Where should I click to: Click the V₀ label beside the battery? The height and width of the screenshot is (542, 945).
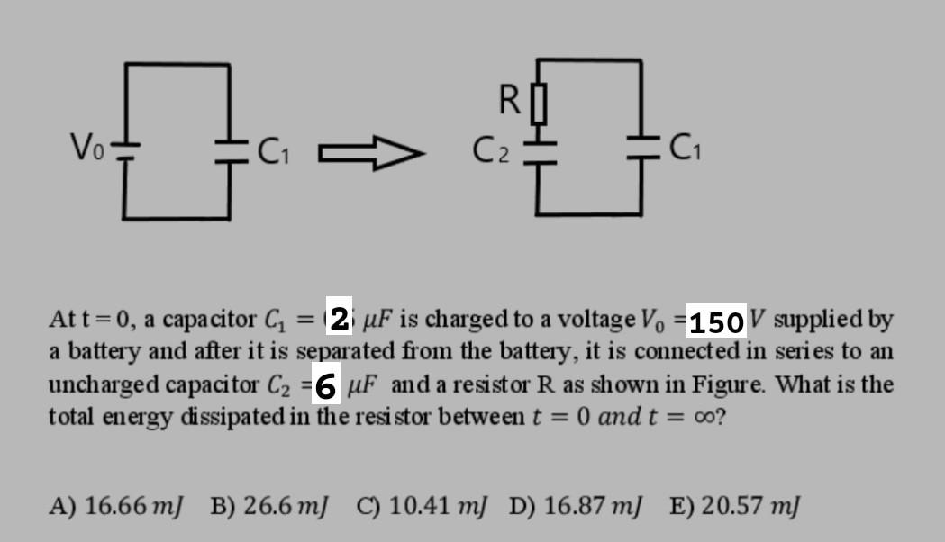pos(88,145)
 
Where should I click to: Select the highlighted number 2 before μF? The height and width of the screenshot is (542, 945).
pos(340,319)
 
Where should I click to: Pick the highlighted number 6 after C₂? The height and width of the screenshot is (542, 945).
pos(327,386)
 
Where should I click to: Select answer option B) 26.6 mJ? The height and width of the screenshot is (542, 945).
pos(269,505)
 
